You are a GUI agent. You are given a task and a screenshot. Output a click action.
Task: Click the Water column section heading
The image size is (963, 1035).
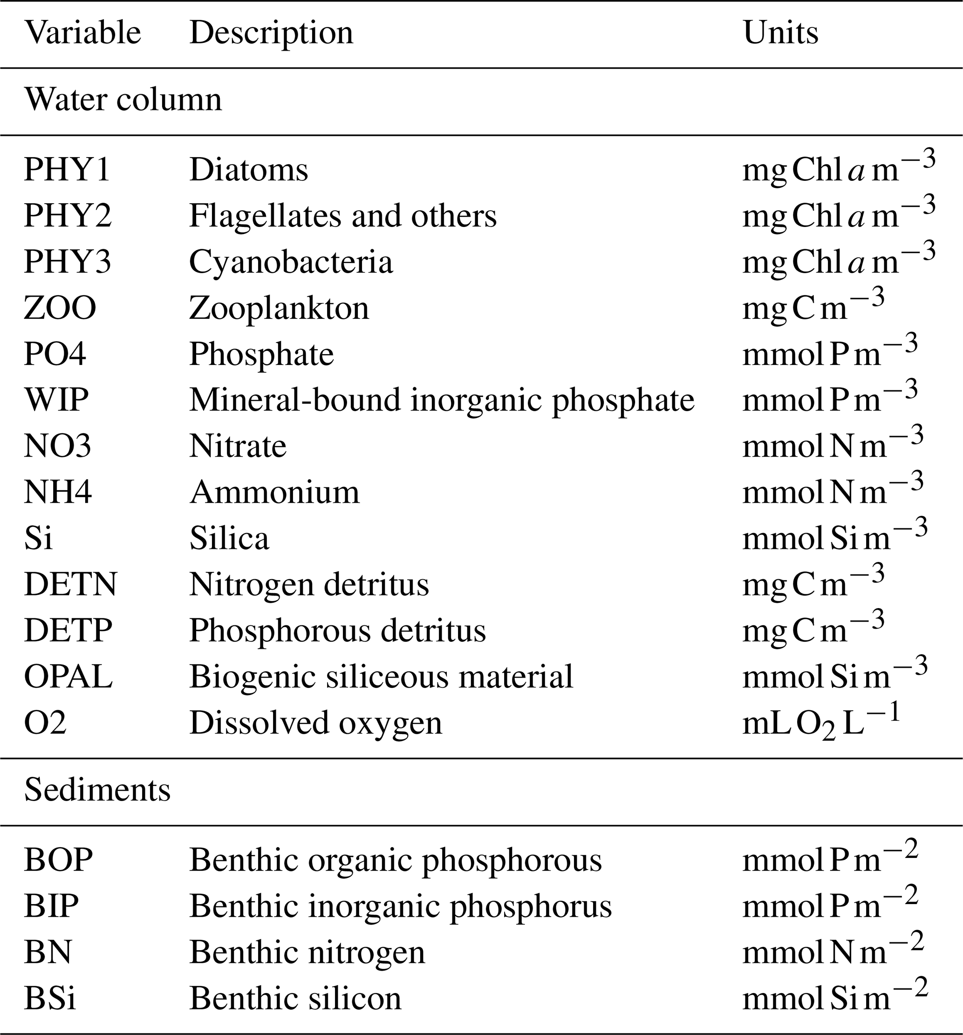[x=123, y=99]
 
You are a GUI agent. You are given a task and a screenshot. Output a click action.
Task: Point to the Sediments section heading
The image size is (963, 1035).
[x=97, y=790]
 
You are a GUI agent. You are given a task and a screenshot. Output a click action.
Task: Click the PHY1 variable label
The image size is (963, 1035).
[x=67, y=170]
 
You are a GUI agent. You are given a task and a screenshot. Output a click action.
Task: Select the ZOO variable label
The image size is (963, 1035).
[x=60, y=308]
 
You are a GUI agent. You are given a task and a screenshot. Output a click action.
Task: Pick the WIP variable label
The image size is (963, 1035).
[x=56, y=400]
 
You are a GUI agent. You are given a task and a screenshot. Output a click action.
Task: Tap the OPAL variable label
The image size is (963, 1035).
[x=68, y=677]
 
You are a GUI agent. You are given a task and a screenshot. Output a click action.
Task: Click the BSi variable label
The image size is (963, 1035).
[x=50, y=999]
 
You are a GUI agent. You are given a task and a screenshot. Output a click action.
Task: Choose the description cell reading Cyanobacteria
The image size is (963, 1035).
[x=290, y=262]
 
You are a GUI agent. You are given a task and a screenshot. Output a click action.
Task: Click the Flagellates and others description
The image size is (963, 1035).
[x=342, y=216]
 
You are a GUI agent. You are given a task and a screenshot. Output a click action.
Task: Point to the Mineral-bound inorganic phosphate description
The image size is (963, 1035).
[x=441, y=400]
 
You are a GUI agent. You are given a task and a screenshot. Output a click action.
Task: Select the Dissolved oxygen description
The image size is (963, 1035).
[x=315, y=723]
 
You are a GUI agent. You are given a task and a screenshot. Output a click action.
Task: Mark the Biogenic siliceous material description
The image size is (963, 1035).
[x=381, y=677]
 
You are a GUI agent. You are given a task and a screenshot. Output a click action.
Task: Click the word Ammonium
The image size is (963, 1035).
[x=274, y=492]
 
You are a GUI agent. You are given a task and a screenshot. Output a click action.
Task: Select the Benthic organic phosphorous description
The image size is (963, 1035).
[x=395, y=860]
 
